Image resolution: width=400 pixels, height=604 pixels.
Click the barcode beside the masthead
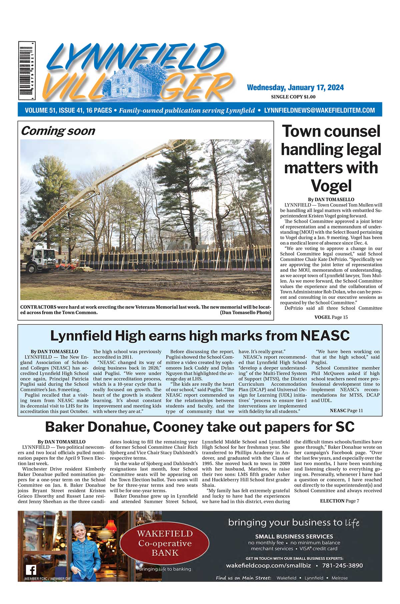point(27,71)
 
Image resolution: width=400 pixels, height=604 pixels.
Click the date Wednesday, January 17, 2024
point(295,88)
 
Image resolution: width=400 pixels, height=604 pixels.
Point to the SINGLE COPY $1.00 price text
point(293,97)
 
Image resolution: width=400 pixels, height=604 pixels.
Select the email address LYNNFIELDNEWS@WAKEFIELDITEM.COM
point(319,110)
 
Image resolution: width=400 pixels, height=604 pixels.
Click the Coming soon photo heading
point(58,131)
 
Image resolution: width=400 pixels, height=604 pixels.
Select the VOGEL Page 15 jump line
point(331,317)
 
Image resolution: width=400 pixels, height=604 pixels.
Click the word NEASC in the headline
point(325,335)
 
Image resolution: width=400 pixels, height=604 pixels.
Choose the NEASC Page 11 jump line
point(346,410)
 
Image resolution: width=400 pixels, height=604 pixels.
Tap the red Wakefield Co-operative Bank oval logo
point(165,543)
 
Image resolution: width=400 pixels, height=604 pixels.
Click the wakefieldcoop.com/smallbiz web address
point(268,565)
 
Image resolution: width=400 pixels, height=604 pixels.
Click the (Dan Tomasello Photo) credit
point(245,312)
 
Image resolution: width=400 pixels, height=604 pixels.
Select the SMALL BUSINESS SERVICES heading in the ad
point(294,536)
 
